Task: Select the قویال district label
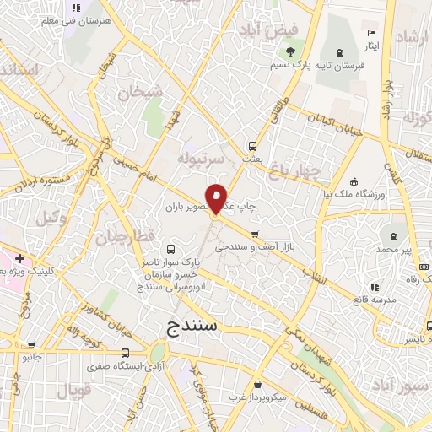coord(74,390)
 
